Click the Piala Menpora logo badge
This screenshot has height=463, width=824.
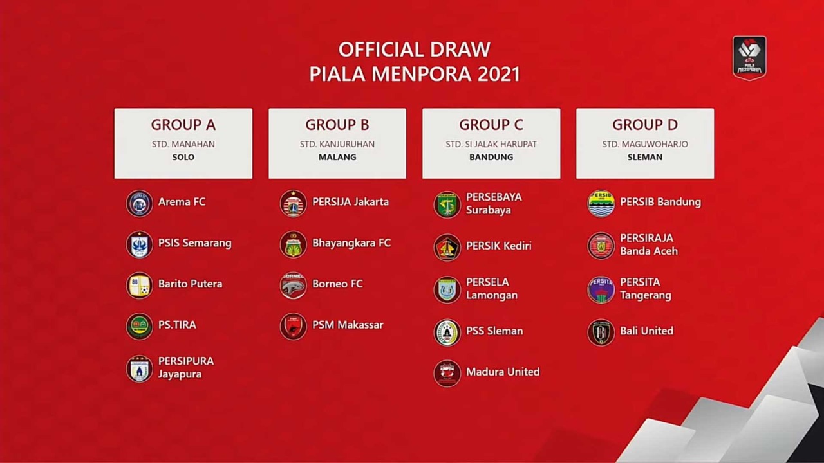coord(749,58)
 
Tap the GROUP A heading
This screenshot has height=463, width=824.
coord(183,125)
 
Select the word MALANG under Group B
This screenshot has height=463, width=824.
coord(337,158)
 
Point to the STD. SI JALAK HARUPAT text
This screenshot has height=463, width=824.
coord(491,144)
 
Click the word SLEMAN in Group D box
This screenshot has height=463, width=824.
coord(645,158)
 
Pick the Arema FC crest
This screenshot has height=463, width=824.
coord(140,203)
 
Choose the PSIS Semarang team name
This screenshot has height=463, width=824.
coord(195,243)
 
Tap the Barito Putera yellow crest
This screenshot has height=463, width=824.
coord(140,286)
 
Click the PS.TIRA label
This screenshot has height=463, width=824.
coord(177,325)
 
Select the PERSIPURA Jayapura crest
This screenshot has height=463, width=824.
coord(140,368)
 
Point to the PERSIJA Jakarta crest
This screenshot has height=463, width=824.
coord(293,203)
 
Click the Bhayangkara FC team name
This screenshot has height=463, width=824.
coord(351,243)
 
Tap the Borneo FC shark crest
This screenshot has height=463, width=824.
coord(293,286)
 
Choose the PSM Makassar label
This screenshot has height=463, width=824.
coord(348,325)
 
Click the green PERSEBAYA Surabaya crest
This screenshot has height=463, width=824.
coord(447,204)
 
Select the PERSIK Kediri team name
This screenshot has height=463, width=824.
coord(498,246)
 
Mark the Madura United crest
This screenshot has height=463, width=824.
coord(447,374)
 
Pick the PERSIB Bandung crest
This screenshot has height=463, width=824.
coord(601,203)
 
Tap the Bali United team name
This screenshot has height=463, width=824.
coord(647,331)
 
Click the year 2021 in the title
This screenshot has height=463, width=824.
coord(499,74)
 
